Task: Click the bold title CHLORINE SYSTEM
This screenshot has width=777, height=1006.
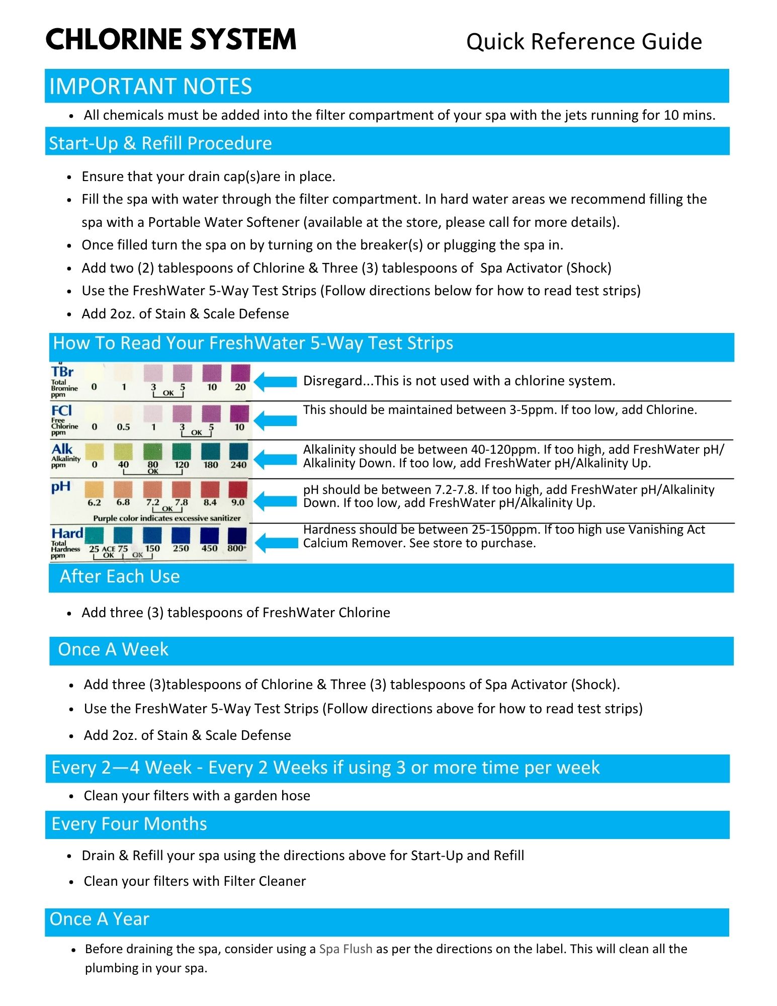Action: (x=171, y=40)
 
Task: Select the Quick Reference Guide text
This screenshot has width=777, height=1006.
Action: (x=584, y=42)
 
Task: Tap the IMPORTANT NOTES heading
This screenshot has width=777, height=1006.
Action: (x=150, y=87)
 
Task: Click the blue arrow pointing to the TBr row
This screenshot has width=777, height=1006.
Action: (x=275, y=382)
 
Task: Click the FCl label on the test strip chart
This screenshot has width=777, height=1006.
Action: (x=61, y=411)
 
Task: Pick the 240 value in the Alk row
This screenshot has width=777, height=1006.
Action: (x=238, y=465)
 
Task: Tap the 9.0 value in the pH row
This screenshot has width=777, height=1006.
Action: (x=238, y=502)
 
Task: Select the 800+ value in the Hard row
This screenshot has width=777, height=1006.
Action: (x=237, y=548)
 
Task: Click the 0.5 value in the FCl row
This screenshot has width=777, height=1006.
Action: (x=123, y=427)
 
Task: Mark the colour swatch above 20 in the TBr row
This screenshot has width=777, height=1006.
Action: (x=240, y=373)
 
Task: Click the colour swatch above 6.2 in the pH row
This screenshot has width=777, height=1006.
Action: (x=94, y=489)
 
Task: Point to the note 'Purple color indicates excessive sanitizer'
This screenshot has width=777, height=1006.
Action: (x=167, y=518)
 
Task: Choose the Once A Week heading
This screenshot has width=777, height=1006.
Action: (x=113, y=649)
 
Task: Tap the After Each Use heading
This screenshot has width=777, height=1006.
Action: (x=120, y=576)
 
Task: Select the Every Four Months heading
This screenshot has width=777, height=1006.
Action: (x=129, y=824)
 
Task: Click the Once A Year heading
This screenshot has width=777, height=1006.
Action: (x=100, y=919)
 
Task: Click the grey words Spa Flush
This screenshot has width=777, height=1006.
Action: (x=346, y=949)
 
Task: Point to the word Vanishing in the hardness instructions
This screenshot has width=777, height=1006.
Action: (x=653, y=530)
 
